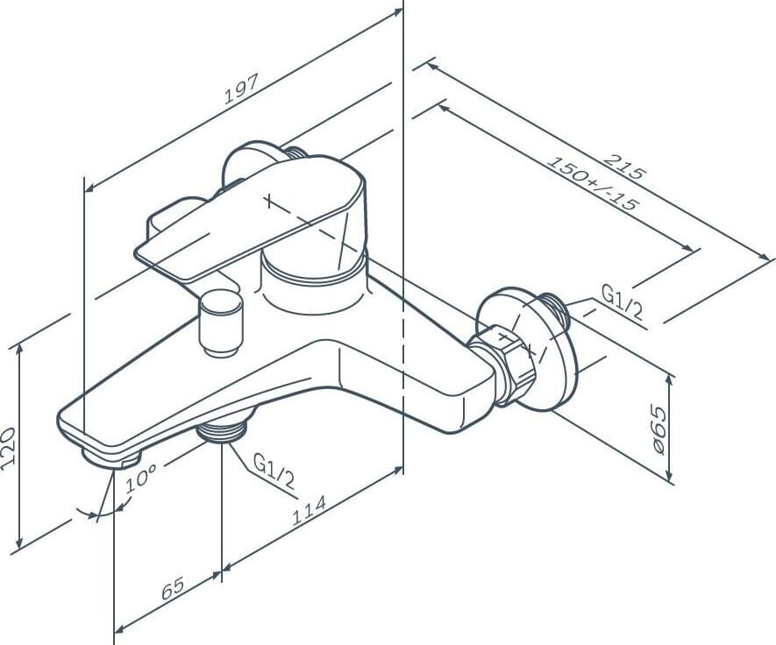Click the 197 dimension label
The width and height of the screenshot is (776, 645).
[241, 89]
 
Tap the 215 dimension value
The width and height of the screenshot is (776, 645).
[625, 167]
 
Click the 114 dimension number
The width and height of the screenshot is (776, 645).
[309, 510]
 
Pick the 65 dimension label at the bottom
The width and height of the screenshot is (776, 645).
[173, 588]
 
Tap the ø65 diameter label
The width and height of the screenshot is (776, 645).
[659, 429]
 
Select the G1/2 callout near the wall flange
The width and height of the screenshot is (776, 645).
[622, 301]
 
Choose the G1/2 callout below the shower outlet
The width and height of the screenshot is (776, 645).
[274, 471]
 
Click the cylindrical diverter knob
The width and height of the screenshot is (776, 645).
[221, 323]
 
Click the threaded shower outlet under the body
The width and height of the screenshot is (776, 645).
[222, 429]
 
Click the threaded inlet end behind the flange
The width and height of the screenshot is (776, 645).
[555, 309]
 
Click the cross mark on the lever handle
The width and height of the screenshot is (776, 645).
[268, 201]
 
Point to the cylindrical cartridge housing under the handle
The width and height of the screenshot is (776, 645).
[314, 282]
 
